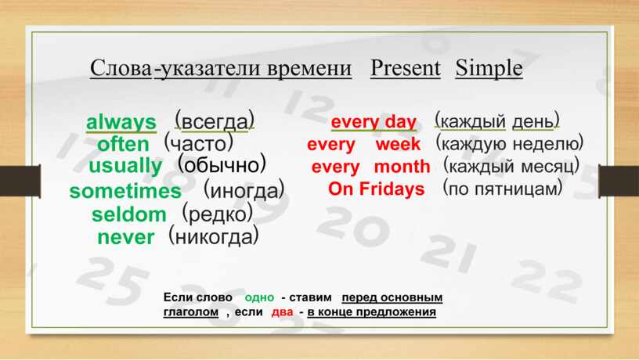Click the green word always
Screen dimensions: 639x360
(x=121, y=123)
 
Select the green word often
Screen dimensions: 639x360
(x=123, y=144)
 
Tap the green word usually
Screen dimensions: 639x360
(x=125, y=166)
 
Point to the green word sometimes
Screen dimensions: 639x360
(x=125, y=191)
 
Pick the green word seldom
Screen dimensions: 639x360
(x=129, y=214)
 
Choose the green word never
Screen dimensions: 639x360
(x=126, y=237)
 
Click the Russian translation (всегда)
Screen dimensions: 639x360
(x=215, y=121)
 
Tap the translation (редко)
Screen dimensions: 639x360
(x=217, y=214)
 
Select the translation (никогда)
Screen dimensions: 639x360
(x=214, y=236)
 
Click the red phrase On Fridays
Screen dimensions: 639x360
(x=376, y=189)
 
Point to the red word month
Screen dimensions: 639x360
(x=402, y=167)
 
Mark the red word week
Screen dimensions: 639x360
(x=398, y=144)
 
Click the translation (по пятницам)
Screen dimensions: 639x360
(x=503, y=189)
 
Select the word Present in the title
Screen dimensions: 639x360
(x=406, y=68)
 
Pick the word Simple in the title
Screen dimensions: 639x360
(x=489, y=68)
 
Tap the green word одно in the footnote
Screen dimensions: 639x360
(x=259, y=297)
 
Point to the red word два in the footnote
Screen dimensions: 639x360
(x=282, y=312)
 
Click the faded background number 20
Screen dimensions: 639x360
(x=352, y=226)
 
